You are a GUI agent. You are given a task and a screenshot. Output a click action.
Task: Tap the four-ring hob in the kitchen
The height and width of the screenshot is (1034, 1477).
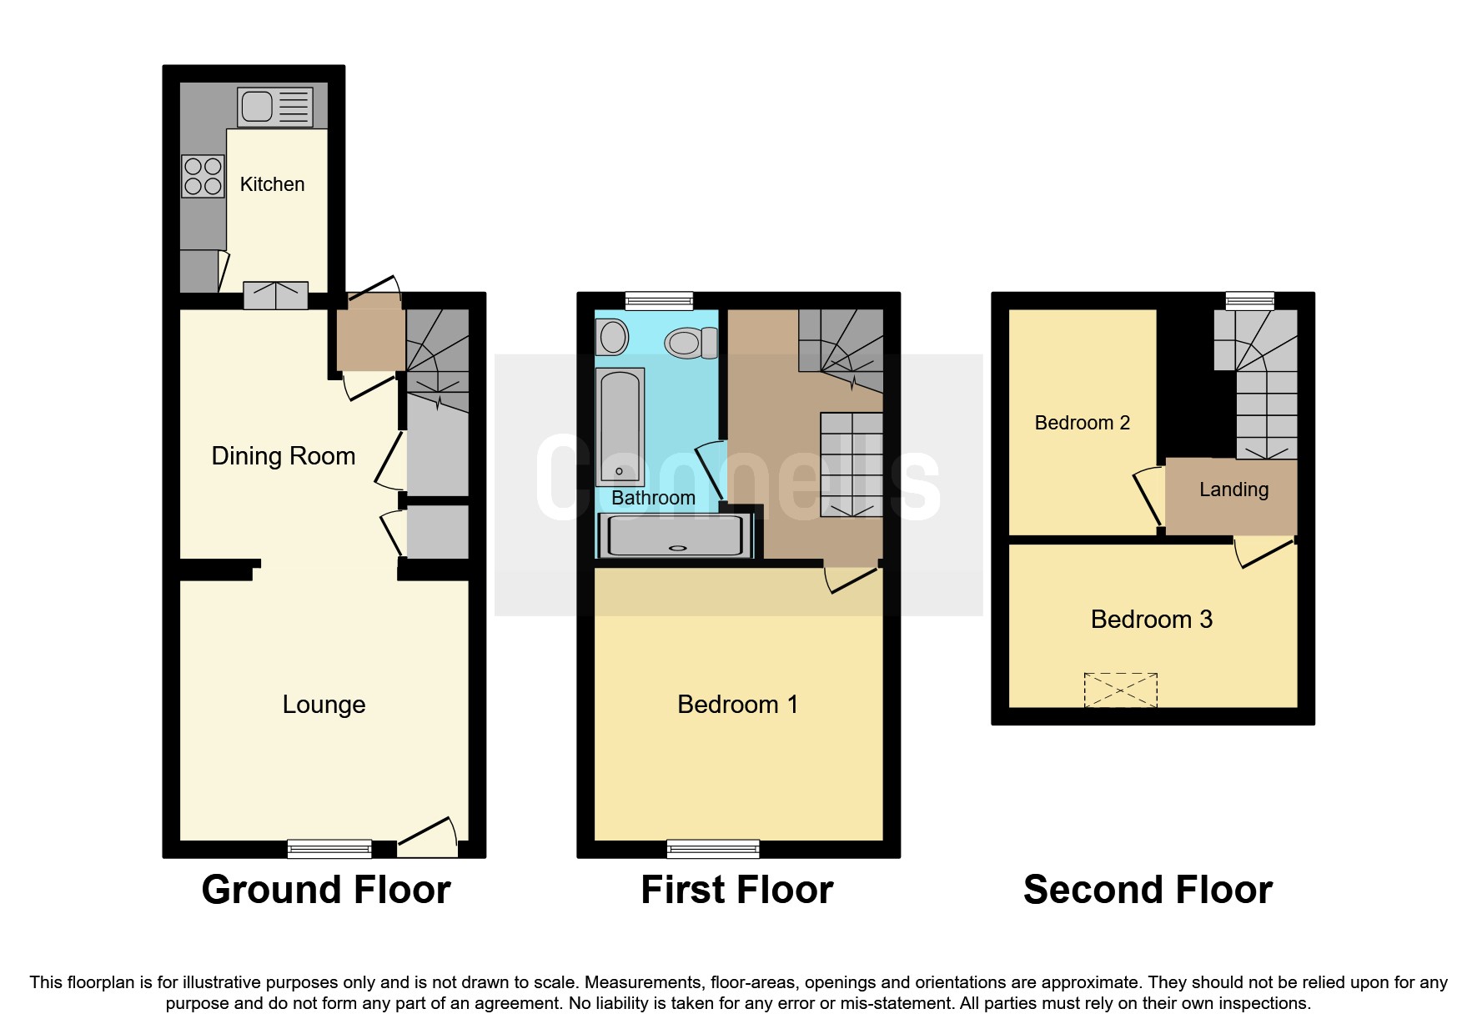click(203, 176)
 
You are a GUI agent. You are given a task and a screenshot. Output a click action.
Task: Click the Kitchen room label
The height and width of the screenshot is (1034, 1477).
click(272, 184)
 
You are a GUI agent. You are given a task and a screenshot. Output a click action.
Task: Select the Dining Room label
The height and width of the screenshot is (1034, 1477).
click(283, 456)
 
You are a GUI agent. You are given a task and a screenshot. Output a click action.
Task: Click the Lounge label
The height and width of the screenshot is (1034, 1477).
click(324, 705)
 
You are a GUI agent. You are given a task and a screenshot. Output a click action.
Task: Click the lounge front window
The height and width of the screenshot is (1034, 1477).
click(329, 849)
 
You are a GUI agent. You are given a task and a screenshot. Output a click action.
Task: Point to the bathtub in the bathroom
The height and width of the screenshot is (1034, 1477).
click(620, 426)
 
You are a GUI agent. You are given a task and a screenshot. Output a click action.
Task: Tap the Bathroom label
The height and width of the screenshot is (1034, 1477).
click(653, 498)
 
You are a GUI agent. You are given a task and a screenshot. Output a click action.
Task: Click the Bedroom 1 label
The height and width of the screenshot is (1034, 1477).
click(737, 705)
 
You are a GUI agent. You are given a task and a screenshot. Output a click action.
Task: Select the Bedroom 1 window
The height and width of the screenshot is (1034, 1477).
click(713, 849)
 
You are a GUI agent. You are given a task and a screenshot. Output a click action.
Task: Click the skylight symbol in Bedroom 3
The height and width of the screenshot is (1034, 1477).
click(1120, 690)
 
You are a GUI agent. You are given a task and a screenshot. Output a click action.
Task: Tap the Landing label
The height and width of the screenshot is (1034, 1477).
click(1233, 489)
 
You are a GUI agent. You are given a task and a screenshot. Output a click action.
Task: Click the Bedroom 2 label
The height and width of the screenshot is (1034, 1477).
click(1082, 423)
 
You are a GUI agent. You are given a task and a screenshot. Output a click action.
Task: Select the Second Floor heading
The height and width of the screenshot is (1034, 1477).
click(1148, 890)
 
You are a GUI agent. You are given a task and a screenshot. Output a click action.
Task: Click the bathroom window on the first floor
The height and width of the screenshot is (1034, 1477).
click(659, 300)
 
